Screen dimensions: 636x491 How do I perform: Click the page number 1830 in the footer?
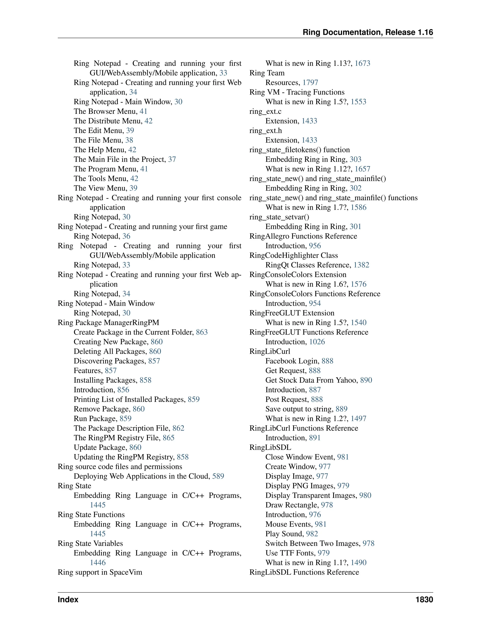(424, 599)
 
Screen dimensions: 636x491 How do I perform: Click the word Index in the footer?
(68, 599)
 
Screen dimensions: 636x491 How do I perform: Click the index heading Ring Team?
(267, 73)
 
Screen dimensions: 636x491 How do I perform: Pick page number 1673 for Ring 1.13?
(362, 63)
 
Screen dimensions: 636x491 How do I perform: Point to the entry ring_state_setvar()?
(279, 217)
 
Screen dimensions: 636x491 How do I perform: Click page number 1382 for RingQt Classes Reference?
(361, 265)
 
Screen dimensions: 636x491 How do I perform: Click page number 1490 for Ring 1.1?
(359, 562)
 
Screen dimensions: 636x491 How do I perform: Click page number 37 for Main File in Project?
(172, 159)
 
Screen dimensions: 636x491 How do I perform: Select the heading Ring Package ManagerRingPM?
(108, 322)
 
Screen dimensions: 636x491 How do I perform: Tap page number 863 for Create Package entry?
(202, 332)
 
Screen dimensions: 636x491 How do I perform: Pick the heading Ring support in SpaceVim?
(100, 572)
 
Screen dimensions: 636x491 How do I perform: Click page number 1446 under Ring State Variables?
(98, 562)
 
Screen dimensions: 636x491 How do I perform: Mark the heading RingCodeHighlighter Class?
(293, 255)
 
